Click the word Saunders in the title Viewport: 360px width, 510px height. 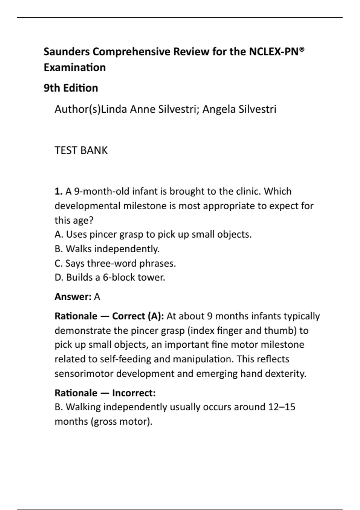pyautogui.click(x=67, y=52)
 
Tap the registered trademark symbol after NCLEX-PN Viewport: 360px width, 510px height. pyautogui.click(x=302, y=49)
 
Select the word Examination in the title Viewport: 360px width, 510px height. pyautogui.click(x=75, y=67)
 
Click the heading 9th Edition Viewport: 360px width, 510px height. pyautogui.click(x=71, y=88)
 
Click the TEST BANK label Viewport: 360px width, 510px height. pyautogui.click(x=81, y=150)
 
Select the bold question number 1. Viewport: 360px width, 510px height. pyautogui.click(x=58, y=191)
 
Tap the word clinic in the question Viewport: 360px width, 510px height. pyautogui.click(x=248, y=191)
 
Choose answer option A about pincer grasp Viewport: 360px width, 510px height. pyautogui.click(x=153, y=234)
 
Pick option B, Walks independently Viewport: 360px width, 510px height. pyautogui.click(x=107, y=249)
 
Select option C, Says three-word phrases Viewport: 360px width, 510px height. pyautogui.click(x=115, y=263)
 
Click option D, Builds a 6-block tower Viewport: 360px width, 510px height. pyautogui.click(x=110, y=277)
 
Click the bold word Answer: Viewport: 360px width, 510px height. pyautogui.click(x=73, y=297)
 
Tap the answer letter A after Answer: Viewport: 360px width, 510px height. pyautogui.click(x=97, y=297)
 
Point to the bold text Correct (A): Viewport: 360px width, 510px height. pyautogui.click(x=138, y=316)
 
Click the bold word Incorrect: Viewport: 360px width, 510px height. pyautogui.click(x=134, y=393)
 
